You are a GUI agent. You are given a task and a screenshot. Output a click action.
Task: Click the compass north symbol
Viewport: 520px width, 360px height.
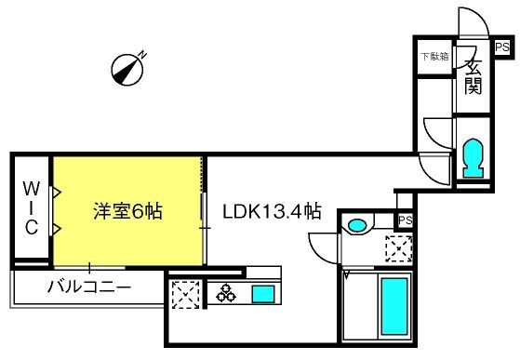pos(128,69)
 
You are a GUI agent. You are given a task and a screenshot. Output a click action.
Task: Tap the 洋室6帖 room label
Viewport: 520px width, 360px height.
pos(128,211)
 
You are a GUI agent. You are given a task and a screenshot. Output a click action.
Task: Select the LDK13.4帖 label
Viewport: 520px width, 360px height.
pos(272,211)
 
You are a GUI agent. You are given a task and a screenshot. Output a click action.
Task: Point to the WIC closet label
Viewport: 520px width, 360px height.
pos(32,208)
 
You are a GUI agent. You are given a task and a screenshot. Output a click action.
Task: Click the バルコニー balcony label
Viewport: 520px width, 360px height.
pos(89,287)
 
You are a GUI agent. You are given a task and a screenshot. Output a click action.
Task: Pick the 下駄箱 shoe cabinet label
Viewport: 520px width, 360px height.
pos(434,57)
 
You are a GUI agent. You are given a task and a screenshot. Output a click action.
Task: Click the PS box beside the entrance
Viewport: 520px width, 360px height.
pos(502,47)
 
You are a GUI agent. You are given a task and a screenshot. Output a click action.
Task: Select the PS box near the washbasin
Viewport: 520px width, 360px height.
pos(406,220)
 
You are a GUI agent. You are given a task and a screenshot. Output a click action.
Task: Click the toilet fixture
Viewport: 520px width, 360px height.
pos(473,158)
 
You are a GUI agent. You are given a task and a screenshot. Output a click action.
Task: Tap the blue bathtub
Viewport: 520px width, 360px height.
pos(394,306)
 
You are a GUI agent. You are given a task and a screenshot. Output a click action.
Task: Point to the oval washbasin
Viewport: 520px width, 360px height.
pos(357,226)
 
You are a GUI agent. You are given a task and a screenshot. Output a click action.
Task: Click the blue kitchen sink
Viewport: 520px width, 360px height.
pos(263,294)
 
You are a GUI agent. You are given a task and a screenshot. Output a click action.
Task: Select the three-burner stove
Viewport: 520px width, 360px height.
pos(226,293)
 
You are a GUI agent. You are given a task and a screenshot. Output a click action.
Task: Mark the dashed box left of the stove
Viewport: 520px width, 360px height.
pos(185,294)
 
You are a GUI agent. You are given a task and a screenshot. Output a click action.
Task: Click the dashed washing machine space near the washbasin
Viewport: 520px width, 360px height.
pos(399,248)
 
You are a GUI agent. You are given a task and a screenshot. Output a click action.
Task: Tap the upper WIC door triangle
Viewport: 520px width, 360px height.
pos(57,192)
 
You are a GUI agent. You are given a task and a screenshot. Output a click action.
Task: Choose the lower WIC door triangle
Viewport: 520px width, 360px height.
pos(57,229)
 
